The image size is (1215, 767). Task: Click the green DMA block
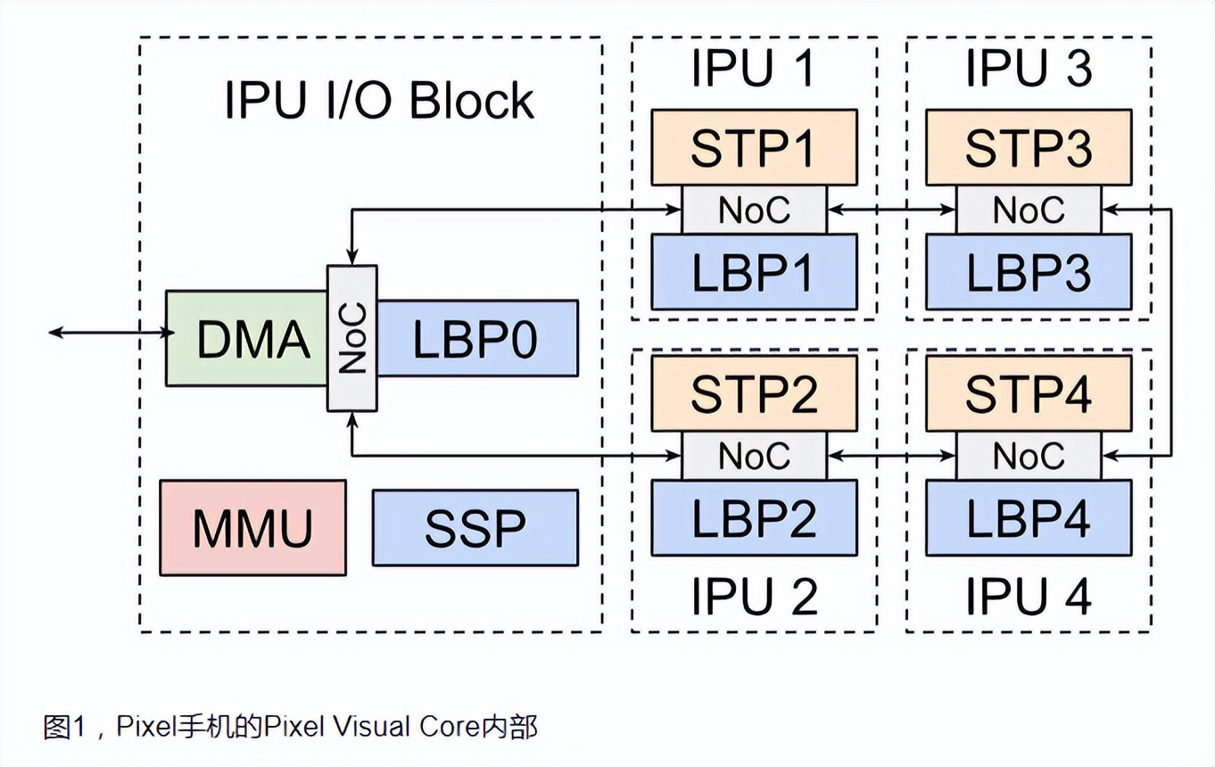(246, 339)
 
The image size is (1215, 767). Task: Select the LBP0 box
(477, 337)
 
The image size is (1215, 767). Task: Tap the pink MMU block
(252, 528)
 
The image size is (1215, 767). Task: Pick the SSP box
(475, 528)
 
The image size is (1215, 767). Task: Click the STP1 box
(754, 147)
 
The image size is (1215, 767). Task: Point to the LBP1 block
(754, 272)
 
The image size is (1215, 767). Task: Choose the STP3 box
(1029, 147)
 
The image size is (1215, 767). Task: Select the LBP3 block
(1029, 272)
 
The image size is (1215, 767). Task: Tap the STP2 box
(754, 393)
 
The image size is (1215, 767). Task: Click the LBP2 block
(754, 517)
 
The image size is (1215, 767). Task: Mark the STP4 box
(1029, 393)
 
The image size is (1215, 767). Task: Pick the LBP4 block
(1029, 517)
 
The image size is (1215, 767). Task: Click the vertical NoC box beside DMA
(352, 338)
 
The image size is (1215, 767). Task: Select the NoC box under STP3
(1029, 210)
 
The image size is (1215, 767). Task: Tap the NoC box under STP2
(754, 456)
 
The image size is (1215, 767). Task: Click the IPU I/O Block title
(379, 101)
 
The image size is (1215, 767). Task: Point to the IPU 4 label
(1029, 597)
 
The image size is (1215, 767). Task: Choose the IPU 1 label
(754, 69)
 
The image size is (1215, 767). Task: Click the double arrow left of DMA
(107, 333)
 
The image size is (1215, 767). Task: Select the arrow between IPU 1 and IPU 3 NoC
(891, 210)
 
